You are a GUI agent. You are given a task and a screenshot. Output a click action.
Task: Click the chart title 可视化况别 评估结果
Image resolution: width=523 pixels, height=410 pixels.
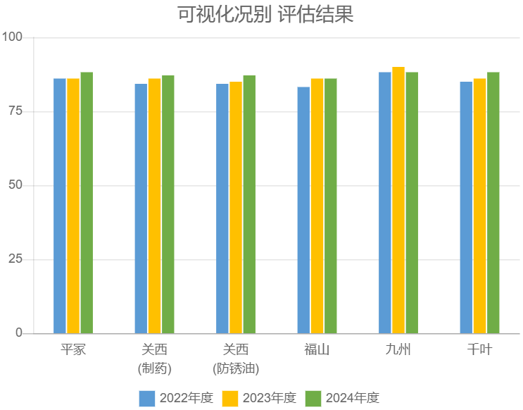(264, 14)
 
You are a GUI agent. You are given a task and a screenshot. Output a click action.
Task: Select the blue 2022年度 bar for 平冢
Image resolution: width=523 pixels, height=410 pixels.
(60, 206)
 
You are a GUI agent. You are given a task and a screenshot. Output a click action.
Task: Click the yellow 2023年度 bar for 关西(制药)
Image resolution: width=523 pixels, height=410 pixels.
(154, 206)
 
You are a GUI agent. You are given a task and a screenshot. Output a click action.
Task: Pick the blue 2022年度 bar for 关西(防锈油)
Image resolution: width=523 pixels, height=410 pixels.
(222, 209)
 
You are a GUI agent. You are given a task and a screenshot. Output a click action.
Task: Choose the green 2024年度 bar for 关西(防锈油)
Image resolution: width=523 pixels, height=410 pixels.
(249, 204)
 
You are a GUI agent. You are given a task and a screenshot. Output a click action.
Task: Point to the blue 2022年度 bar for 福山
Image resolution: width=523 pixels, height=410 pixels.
(303, 210)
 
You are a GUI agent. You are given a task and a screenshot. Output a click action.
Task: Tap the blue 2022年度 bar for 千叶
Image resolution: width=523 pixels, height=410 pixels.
(466, 208)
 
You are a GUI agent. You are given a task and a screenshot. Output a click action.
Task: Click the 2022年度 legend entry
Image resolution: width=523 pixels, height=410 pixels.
(176, 398)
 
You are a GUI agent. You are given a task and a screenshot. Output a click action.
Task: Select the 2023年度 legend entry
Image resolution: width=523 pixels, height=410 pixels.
(260, 398)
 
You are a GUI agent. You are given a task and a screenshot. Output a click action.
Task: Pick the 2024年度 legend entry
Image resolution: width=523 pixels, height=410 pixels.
(343, 398)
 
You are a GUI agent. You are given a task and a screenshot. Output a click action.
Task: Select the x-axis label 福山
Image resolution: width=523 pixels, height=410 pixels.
(317, 350)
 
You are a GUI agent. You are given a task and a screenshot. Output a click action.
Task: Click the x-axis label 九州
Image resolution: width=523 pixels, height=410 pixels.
(398, 350)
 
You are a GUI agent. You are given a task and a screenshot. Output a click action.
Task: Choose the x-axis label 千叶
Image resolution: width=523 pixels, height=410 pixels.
(479, 350)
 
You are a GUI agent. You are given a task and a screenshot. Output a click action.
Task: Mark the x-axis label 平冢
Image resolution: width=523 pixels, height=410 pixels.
(73, 350)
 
